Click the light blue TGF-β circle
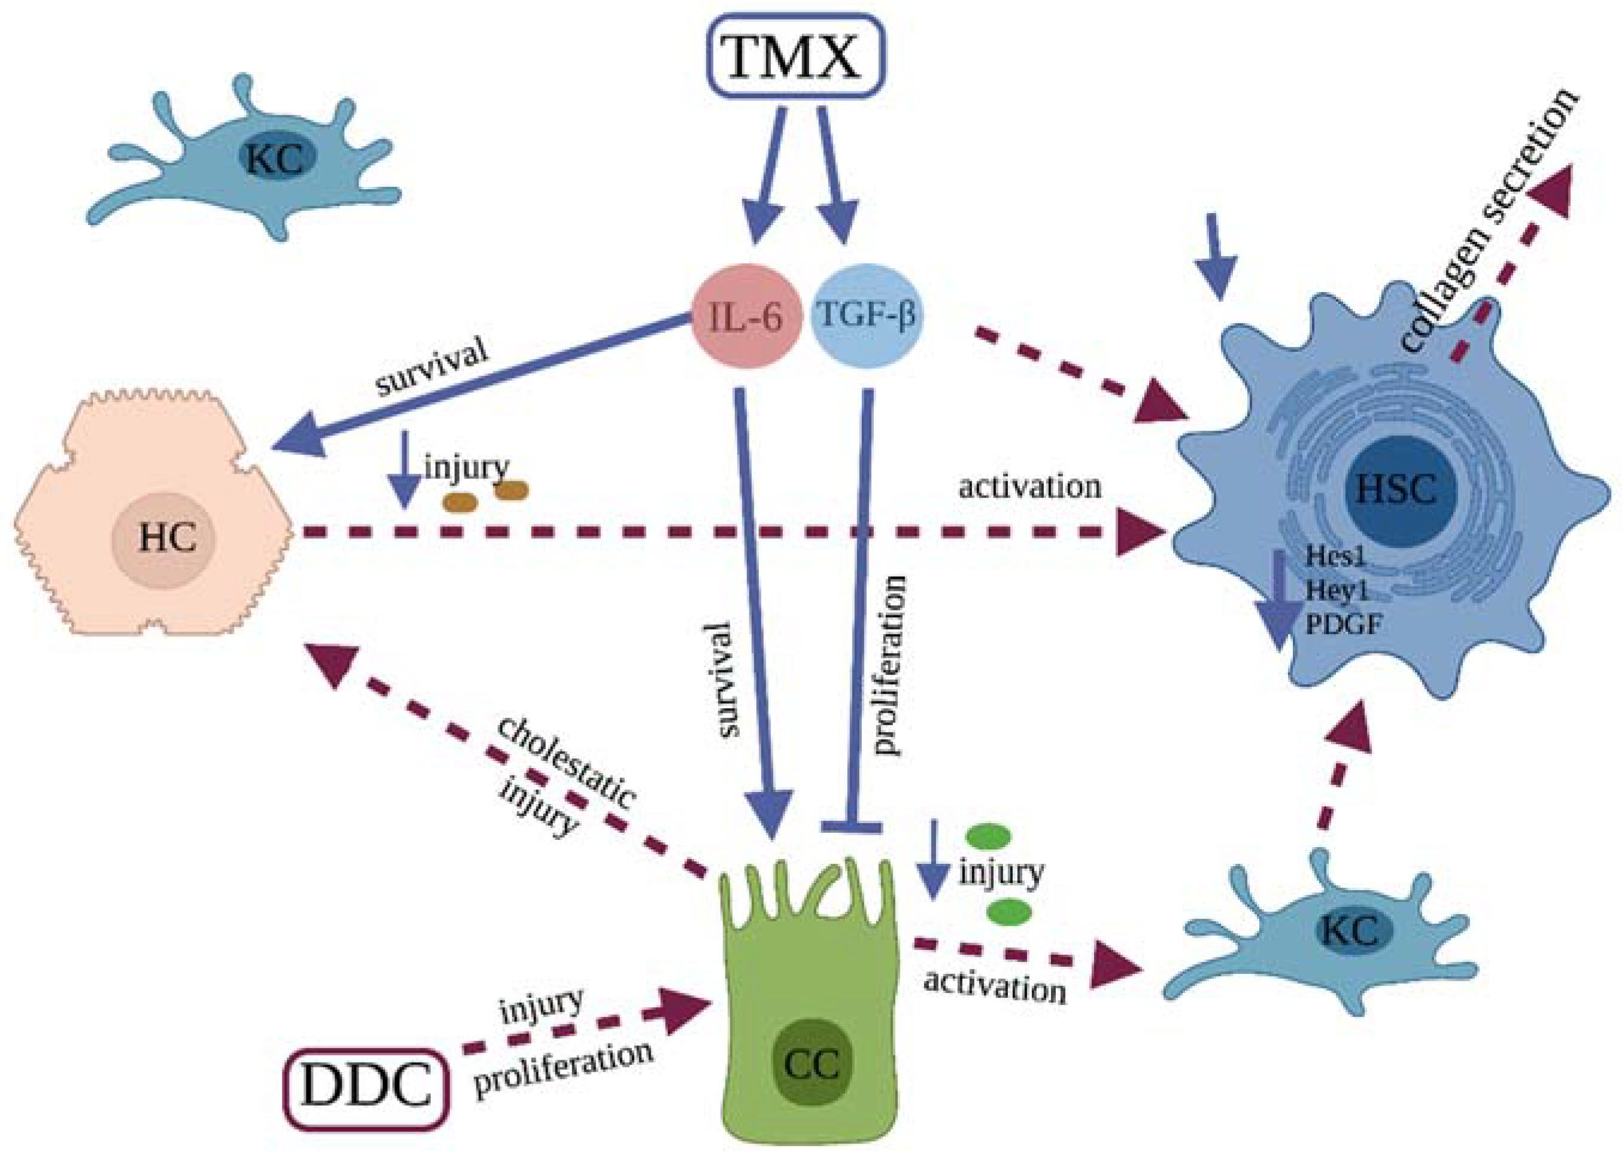[x=865, y=315]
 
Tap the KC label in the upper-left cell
[x=277, y=159]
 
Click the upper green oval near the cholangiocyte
[x=986, y=836]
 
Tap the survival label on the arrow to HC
[x=433, y=368]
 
